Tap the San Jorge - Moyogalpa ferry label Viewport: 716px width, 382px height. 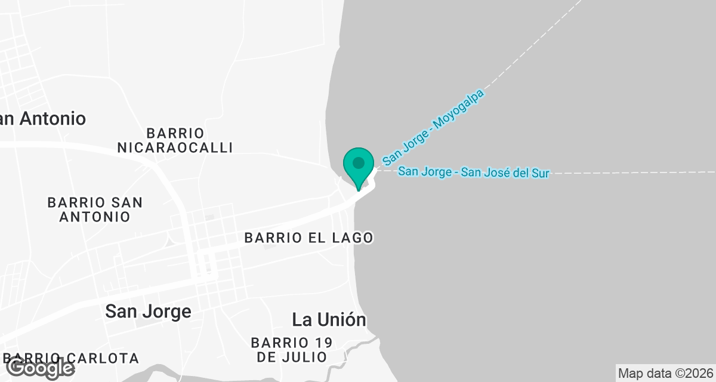(433, 127)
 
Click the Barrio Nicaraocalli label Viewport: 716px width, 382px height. (175, 140)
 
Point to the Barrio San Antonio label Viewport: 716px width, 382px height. (95, 210)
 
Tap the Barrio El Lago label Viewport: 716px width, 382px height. (308, 238)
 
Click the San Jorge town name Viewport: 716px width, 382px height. (148, 311)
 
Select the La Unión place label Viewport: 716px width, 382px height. (329, 319)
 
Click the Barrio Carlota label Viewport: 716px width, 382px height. (72, 358)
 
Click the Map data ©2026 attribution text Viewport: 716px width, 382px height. (665, 374)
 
